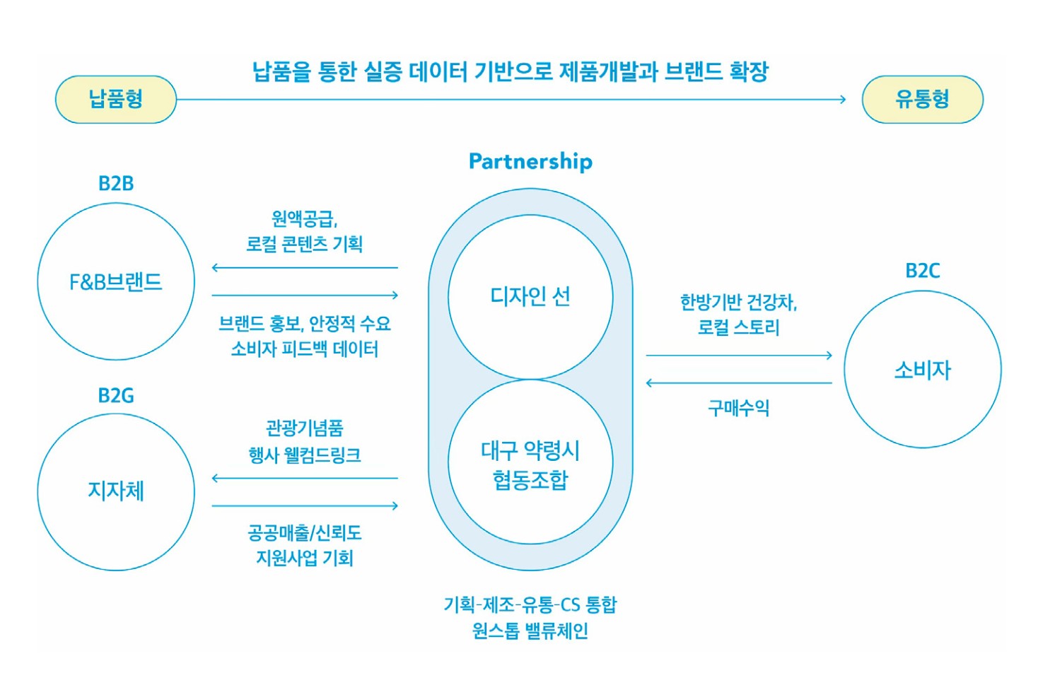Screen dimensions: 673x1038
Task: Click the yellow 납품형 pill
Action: click(x=116, y=99)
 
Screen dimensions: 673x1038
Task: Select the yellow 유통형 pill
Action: click(x=922, y=99)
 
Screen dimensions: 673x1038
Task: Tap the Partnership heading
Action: click(x=530, y=161)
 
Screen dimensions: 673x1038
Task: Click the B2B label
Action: click(x=116, y=184)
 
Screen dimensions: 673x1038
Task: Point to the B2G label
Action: click(x=116, y=395)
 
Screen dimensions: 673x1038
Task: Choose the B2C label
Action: click(x=922, y=271)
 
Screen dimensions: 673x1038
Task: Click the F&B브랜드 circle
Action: click(x=116, y=281)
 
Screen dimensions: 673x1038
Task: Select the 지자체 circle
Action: click(x=116, y=491)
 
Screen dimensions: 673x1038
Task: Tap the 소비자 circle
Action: click(x=922, y=369)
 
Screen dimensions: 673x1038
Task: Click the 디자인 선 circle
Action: click(x=530, y=296)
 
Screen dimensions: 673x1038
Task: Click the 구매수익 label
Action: click(x=738, y=408)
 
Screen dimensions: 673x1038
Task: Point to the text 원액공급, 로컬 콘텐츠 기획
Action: click(x=305, y=231)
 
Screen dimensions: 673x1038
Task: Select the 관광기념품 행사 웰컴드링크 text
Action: click(x=305, y=441)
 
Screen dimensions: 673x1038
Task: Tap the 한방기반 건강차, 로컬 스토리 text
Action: click(x=738, y=315)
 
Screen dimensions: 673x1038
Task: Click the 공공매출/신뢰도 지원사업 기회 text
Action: click(x=305, y=545)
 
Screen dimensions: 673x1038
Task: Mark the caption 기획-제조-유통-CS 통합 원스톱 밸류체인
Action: click(x=530, y=617)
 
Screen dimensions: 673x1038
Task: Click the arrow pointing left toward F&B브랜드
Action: click(x=305, y=268)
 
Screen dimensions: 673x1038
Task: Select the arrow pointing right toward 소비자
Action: click(x=738, y=356)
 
